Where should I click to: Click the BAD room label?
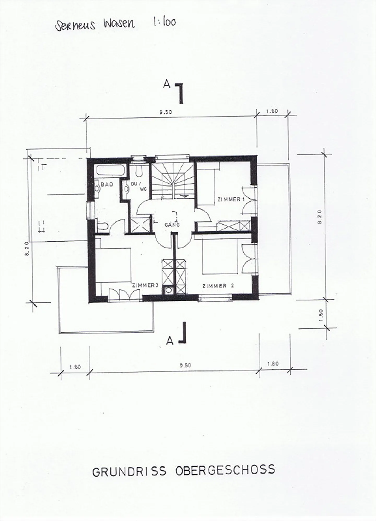107,184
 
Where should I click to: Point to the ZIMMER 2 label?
218,286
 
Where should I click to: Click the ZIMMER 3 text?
145,285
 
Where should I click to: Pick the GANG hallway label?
172,224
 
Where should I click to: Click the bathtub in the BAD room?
111,171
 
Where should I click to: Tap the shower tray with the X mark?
140,224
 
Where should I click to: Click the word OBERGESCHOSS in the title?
226,470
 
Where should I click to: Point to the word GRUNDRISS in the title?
130,471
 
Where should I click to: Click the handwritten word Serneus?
75,26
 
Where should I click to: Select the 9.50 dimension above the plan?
166,112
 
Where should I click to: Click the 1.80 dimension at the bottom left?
75,367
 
